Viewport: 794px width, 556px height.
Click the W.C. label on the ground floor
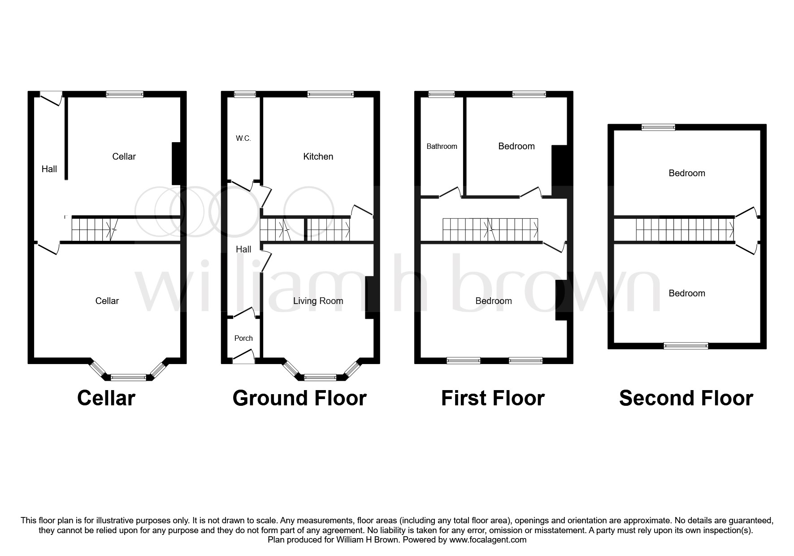click(243, 139)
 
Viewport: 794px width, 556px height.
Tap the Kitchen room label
click(318, 156)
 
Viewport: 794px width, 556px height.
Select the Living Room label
click(318, 301)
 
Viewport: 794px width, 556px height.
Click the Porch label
click(243, 339)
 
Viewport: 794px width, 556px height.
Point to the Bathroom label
click(442, 147)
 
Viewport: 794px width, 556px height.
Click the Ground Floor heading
click(299, 398)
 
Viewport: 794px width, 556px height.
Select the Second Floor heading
click(686, 398)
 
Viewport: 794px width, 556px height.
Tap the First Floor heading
click(493, 398)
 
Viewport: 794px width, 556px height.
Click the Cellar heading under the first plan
click(106, 398)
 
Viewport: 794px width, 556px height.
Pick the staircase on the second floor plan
click(685, 230)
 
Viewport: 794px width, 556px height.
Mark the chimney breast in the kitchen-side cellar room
click(176, 164)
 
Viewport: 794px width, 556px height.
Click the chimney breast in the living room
click(370, 298)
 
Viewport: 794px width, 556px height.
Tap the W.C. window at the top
click(245, 94)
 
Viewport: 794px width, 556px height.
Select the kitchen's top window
click(330, 94)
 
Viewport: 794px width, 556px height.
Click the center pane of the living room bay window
click(320, 378)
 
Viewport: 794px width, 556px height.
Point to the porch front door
click(243, 361)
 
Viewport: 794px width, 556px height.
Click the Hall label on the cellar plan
click(49, 169)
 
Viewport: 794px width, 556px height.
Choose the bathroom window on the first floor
click(442, 94)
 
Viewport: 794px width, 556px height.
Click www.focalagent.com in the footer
click(488, 540)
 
